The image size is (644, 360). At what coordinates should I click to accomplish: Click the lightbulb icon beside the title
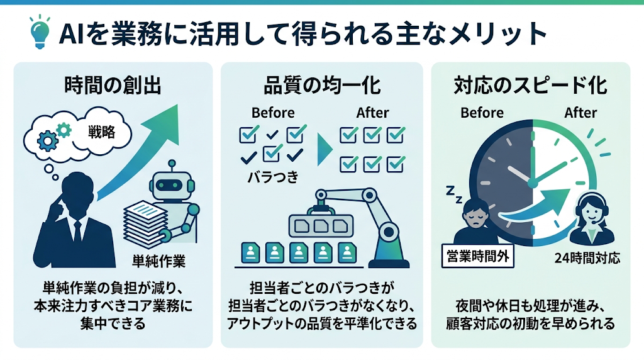tap(40, 32)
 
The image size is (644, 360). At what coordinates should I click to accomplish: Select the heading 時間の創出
tap(113, 86)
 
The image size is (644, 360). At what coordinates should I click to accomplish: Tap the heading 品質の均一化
tap(322, 86)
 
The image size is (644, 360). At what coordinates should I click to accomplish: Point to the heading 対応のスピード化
tap(530, 86)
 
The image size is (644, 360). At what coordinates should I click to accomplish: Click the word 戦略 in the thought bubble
tap(101, 132)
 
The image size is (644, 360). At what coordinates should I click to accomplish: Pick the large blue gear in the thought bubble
tap(48, 141)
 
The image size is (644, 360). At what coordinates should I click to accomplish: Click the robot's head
tap(172, 184)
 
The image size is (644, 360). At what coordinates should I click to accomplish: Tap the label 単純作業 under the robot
tap(159, 261)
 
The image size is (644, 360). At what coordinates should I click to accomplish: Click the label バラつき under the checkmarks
tap(273, 177)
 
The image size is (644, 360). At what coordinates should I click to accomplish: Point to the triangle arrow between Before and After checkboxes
tap(325, 150)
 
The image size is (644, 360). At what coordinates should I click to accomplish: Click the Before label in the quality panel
tap(273, 113)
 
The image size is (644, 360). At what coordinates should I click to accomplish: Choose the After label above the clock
tap(580, 113)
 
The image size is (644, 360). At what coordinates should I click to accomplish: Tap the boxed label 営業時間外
tap(478, 256)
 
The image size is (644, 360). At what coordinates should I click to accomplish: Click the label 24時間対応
tap(587, 258)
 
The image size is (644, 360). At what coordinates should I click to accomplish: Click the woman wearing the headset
tap(591, 220)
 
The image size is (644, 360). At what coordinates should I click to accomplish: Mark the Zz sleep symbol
tap(454, 194)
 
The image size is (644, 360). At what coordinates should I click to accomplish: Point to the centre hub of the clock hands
tap(533, 183)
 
